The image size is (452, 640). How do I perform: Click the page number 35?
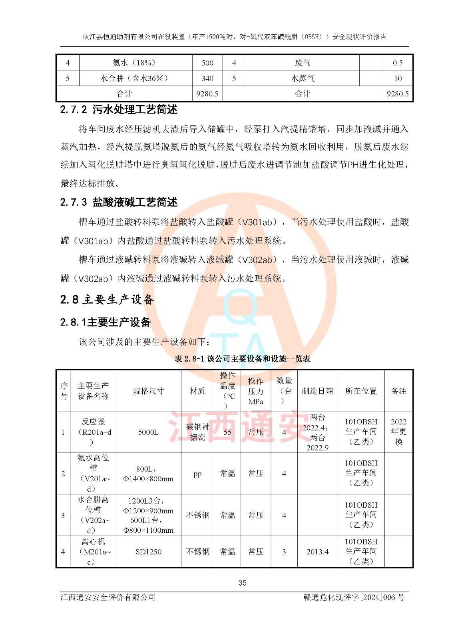pyautogui.click(x=242, y=583)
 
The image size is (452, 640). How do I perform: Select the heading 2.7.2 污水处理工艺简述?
pyautogui.click(x=119, y=109)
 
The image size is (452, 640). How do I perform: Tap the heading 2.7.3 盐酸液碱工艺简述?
pyautogui.click(x=119, y=202)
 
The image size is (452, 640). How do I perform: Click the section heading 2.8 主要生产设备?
pyautogui.click(x=107, y=299)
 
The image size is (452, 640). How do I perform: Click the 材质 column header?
pyautogui.click(x=197, y=391)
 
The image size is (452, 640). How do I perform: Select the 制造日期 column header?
pyautogui.click(x=317, y=391)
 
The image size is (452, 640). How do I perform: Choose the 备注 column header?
pyautogui.click(x=398, y=391)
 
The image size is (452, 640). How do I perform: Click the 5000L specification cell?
pyautogui.click(x=148, y=432)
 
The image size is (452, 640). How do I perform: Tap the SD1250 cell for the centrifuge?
pyautogui.click(x=148, y=552)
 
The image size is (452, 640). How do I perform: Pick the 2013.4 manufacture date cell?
pyautogui.click(x=317, y=552)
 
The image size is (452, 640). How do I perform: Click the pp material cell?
pyautogui.click(x=197, y=474)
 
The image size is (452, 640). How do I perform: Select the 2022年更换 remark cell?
pyautogui.click(x=398, y=432)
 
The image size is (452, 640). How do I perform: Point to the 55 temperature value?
pyautogui.click(x=227, y=432)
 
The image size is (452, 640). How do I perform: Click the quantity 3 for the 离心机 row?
pyautogui.click(x=284, y=552)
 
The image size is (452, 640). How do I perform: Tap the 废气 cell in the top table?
pyautogui.click(x=303, y=63)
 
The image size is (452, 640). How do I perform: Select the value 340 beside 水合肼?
pyautogui.click(x=207, y=78)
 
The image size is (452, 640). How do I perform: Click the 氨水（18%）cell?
pyautogui.click(x=134, y=63)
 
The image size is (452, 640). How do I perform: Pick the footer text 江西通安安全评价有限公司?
pyautogui.click(x=108, y=597)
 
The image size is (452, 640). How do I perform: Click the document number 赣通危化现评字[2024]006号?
pyautogui.click(x=354, y=597)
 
